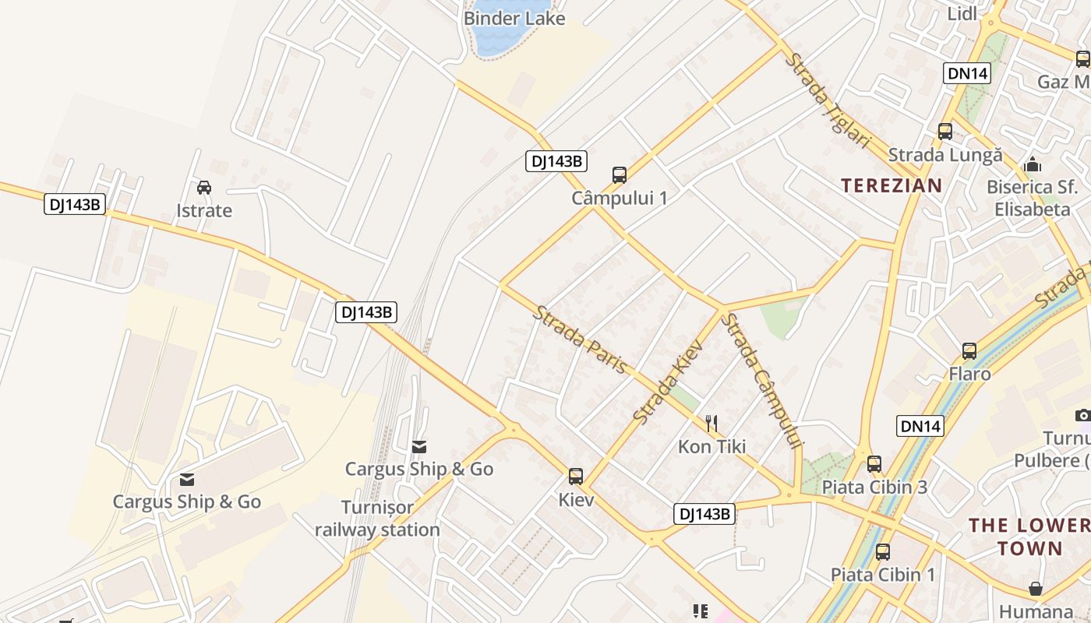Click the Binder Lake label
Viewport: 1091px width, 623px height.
pyautogui.click(x=514, y=18)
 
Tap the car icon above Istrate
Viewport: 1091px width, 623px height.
pyautogui.click(x=204, y=188)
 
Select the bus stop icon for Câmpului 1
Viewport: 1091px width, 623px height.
pyautogui.click(x=620, y=174)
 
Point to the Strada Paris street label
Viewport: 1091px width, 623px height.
pyautogui.click(x=581, y=339)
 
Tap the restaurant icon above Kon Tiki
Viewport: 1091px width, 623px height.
pyautogui.click(x=711, y=424)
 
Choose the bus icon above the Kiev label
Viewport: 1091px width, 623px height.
pyautogui.click(x=576, y=476)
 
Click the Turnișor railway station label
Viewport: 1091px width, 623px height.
pyautogui.click(x=378, y=519)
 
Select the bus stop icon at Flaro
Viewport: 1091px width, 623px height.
pyautogui.click(x=969, y=351)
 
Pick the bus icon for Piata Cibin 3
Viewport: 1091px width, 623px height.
pyautogui.click(x=874, y=464)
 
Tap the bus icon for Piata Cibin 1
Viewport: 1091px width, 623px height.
pyautogui.click(x=883, y=552)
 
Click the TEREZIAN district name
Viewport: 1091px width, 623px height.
pyautogui.click(x=892, y=185)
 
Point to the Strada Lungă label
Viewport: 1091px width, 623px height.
pyautogui.click(x=945, y=155)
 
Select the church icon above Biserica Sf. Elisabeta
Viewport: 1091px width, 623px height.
pyautogui.click(x=1033, y=164)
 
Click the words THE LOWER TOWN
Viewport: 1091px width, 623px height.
pyautogui.click(x=1029, y=536)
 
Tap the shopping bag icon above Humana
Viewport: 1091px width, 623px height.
pyautogui.click(x=1036, y=589)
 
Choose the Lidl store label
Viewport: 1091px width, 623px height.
pyautogui.click(x=962, y=13)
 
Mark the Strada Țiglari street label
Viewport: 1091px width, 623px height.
pyautogui.click(x=827, y=100)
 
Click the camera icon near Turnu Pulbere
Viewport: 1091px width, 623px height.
pyautogui.click(x=1082, y=415)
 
